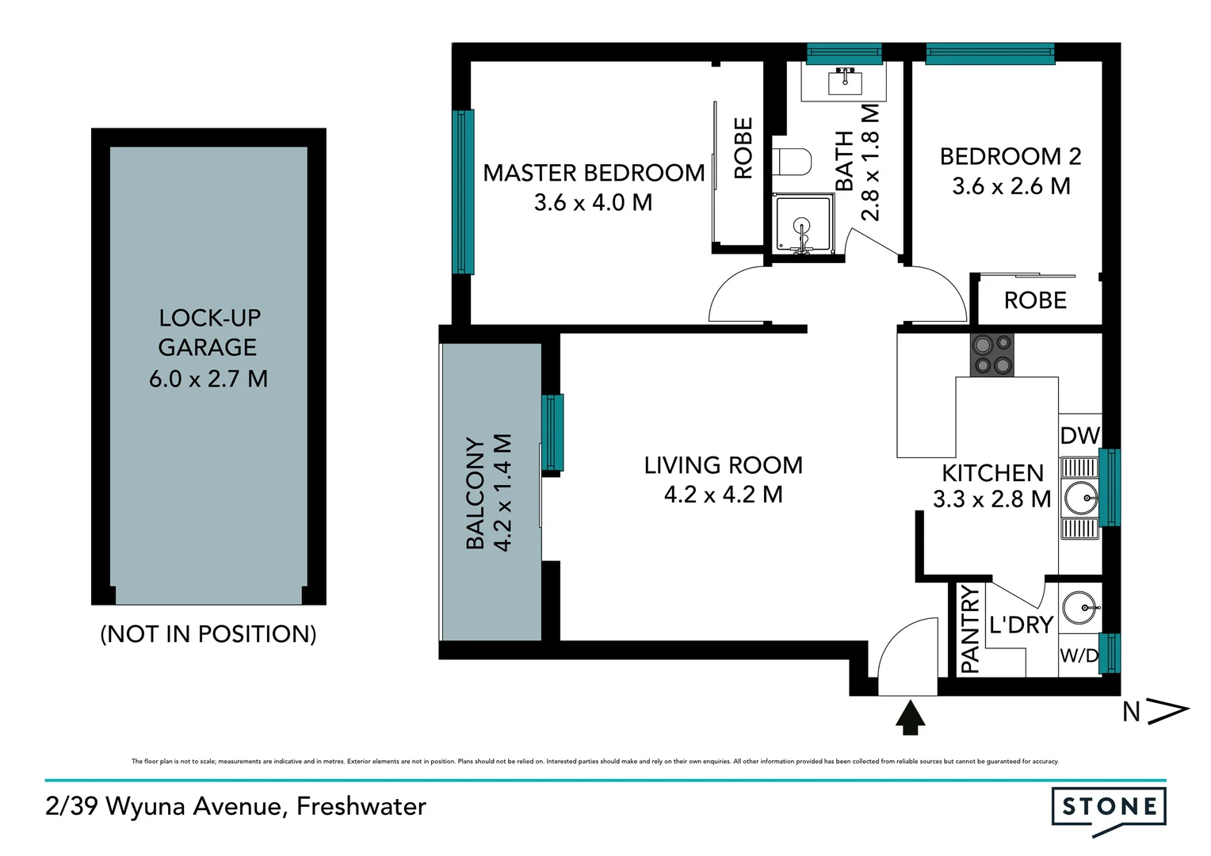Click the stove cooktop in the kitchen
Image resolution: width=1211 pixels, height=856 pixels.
[992, 354]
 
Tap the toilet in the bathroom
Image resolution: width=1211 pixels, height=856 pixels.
[793, 162]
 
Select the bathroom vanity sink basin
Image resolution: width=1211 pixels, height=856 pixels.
[845, 80]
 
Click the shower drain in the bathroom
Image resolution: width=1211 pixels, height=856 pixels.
[802, 227]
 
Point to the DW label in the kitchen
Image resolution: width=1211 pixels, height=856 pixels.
[1079, 435]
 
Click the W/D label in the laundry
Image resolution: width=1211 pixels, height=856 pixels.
[1079, 655]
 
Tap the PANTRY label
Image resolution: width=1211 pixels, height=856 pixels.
[970, 629]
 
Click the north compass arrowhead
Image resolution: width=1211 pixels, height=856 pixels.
[1168, 711]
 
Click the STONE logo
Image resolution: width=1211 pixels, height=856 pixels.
[1109, 808]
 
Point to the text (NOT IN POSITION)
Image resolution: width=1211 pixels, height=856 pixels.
[208, 634]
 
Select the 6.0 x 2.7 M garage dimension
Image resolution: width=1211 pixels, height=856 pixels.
[208, 379]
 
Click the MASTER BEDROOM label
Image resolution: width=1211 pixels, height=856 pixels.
[594, 173]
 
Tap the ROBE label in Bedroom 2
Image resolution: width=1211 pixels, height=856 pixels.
[1035, 300]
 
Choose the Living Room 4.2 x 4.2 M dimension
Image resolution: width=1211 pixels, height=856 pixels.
[723, 495]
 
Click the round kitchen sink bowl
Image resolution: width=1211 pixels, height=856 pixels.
[1079, 499]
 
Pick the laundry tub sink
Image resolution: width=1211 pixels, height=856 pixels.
[1078, 609]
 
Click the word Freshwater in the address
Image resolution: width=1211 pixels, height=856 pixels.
[361, 807]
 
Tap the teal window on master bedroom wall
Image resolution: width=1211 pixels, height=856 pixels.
[463, 192]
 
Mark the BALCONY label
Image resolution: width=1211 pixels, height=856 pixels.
[475, 493]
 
